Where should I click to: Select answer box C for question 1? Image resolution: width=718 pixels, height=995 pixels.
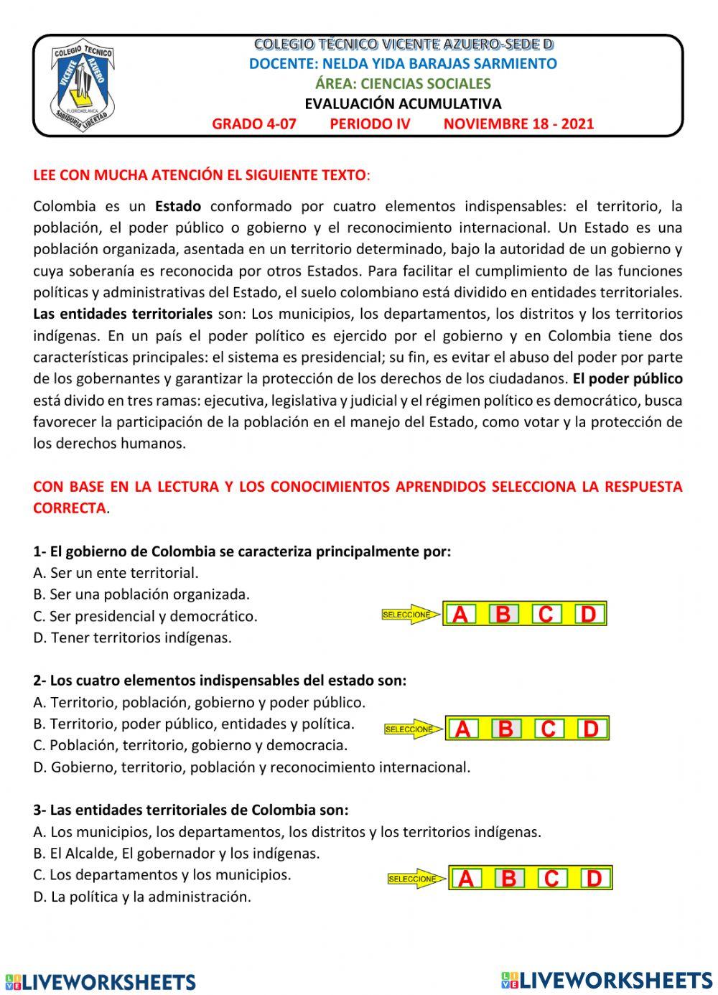tap(546, 615)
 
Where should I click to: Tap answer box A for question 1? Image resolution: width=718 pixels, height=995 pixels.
tap(461, 615)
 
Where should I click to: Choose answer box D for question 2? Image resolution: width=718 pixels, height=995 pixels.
tap(591, 729)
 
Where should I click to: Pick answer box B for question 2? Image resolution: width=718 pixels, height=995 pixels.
tap(505, 729)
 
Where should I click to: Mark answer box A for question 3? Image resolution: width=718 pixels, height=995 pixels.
tap(466, 879)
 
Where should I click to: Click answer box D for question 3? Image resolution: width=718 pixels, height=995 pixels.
tap(594, 879)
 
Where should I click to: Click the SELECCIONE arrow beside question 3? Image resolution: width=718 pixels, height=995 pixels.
tap(416, 879)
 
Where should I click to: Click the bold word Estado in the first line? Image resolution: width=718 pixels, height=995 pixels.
tap(178, 207)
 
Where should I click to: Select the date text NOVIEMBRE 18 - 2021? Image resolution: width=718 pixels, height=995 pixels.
tap(518, 123)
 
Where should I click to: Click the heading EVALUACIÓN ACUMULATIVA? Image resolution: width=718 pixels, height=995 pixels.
tap(403, 103)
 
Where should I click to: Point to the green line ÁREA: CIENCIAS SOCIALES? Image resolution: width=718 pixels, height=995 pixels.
tap(403, 83)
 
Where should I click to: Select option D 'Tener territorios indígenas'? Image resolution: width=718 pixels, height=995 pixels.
tap(133, 637)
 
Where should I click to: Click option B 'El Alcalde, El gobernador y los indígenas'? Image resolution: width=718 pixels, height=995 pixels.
tap(177, 854)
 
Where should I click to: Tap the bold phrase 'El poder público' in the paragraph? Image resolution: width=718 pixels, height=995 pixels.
tap(628, 379)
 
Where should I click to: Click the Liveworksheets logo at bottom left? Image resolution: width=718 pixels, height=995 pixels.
tap(101, 981)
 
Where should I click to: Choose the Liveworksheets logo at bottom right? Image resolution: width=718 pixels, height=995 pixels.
tap(607, 980)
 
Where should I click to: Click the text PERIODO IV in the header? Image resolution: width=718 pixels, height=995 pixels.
tap(370, 123)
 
